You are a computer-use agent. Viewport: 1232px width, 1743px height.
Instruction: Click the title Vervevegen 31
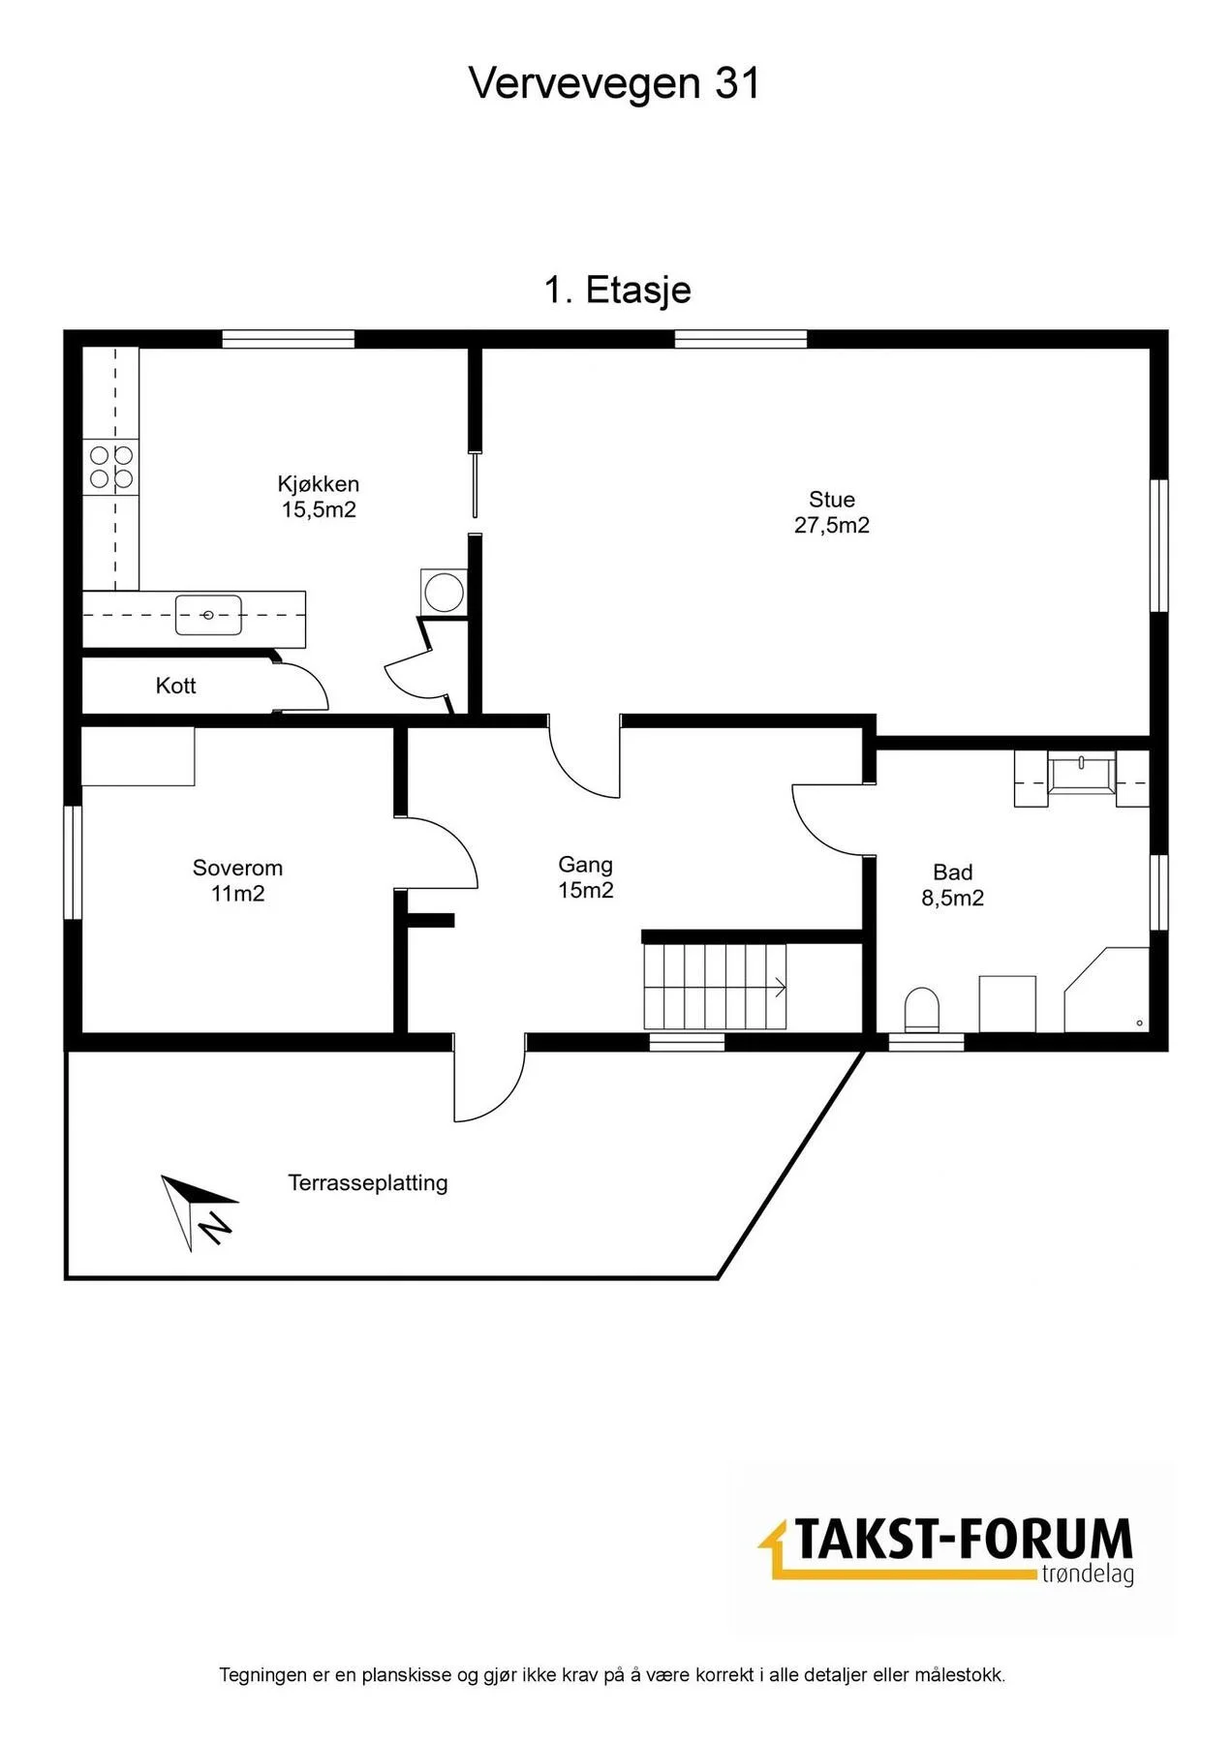pyautogui.click(x=615, y=83)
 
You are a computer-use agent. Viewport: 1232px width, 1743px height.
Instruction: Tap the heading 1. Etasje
pyautogui.click(x=618, y=290)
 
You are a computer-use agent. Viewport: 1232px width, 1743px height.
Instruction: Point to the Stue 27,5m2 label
pyautogui.click(x=832, y=512)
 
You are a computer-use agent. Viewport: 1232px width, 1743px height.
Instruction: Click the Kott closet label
pyautogui.click(x=176, y=686)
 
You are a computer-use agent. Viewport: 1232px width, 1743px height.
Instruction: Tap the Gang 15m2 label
pyautogui.click(x=586, y=877)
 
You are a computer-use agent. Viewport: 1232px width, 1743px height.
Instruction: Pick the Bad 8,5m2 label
pyautogui.click(x=953, y=885)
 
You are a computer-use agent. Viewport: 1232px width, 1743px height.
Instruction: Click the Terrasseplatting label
pyautogui.click(x=368, y=1182)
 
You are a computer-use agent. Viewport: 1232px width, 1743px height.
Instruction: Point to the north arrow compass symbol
pyautogui.click(x=199, y=1211)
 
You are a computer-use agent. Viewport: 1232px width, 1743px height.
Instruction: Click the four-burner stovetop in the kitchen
pyautogui.click(x=111, y=467)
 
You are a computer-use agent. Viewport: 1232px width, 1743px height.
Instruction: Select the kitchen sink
pyautogui.click(x=208, y=616)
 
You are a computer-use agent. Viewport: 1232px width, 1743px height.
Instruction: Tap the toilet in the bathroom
pyautogui.click(x=922, y=1009)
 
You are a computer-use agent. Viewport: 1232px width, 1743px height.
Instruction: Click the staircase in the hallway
pyautogui.click(x=716, y=987)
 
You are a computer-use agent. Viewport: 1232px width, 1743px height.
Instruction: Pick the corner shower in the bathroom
pyautogui.click(x=1107, y=990)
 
